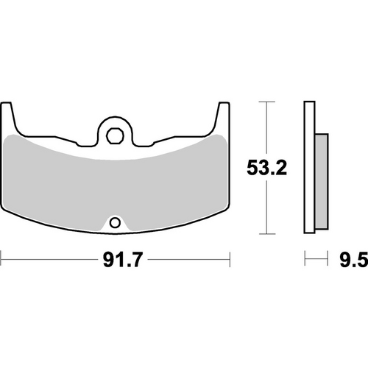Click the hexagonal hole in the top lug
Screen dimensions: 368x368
(114, 135)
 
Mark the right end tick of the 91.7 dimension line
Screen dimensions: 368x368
(231, 259)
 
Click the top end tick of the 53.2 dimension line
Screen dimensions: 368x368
(264, 101)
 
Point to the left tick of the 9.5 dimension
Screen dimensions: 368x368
(305, 259)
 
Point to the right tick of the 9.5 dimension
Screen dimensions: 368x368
(326, 259)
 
